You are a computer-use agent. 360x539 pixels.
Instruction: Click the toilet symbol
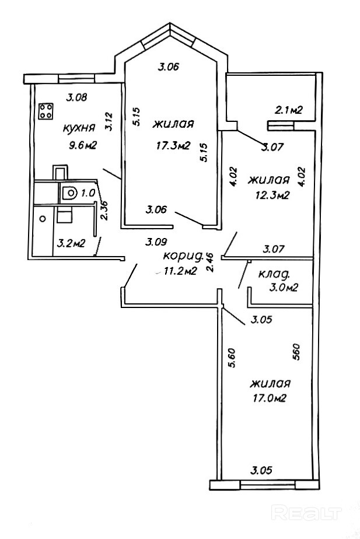[69, 192]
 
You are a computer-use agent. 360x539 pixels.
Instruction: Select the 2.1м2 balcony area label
[288, 110]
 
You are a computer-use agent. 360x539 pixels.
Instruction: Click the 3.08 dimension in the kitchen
[76, 97]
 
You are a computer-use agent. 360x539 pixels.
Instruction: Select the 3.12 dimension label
[108, 120]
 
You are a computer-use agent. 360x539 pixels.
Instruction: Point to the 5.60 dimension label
[233, 357]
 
